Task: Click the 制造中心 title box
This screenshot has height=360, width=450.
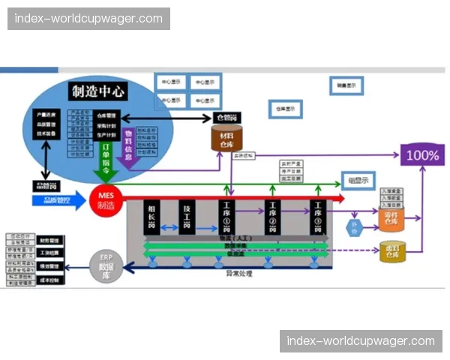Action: click(x=98, y=91)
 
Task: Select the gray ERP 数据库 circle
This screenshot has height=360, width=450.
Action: click(x=106, y=265)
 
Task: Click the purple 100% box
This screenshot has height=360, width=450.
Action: click(x=422, y=156)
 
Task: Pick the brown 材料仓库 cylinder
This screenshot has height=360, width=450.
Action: click(x=226, y=138)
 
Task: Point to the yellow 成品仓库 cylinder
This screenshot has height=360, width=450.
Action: click(x=392, y=251)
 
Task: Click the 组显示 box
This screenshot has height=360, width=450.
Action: click(x=358, y=180)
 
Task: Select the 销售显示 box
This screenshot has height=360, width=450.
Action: click(x=346, y=86)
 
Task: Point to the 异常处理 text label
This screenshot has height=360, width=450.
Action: click(x=239, y=274)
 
